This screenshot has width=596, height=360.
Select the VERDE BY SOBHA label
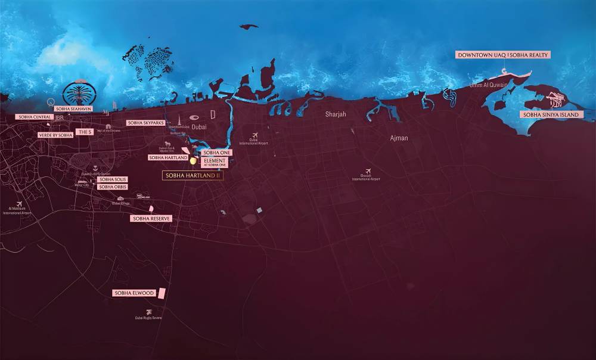pyautogui.click(x=56, y=135)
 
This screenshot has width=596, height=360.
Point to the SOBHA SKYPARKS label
pyautogui.click(x=145, y=123)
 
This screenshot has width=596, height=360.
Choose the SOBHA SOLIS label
pyautogui.click(x=113, y=179)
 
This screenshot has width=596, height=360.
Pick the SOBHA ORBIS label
pyautogui.click(x=113, y=187)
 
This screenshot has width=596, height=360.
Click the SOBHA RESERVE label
pyautogui.click(x=151, y=219)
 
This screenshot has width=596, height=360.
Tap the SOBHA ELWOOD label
pyautogui.click(x=134, y=293)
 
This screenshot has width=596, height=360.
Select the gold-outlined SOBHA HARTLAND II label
pyautogui.click(x=193, y=176)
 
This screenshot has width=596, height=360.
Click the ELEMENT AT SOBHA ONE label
pyautogui.click(x=215, y=162)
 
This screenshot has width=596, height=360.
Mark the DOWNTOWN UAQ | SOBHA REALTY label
pyautogui.click(x=502, y=55)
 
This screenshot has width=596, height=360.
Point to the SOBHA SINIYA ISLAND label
pyautogui.click(x=551, y=114)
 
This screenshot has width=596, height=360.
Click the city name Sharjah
pyautogui.click(x=336, y=114)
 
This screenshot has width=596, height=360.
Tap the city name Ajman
pyautogui.click(x=399, y=138)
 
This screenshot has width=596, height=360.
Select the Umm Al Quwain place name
pyautogui.click(x=489, y=85)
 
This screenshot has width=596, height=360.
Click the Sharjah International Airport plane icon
pyautogui.click(x=368, y=171)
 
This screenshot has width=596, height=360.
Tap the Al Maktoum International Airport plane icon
pyautogui.click(x=20, y=204)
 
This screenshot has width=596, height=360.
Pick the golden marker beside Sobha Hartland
pyautogui.click(x=193, y=160)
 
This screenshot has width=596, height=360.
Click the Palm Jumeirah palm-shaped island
pyautogui.click(x=79, y=94)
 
